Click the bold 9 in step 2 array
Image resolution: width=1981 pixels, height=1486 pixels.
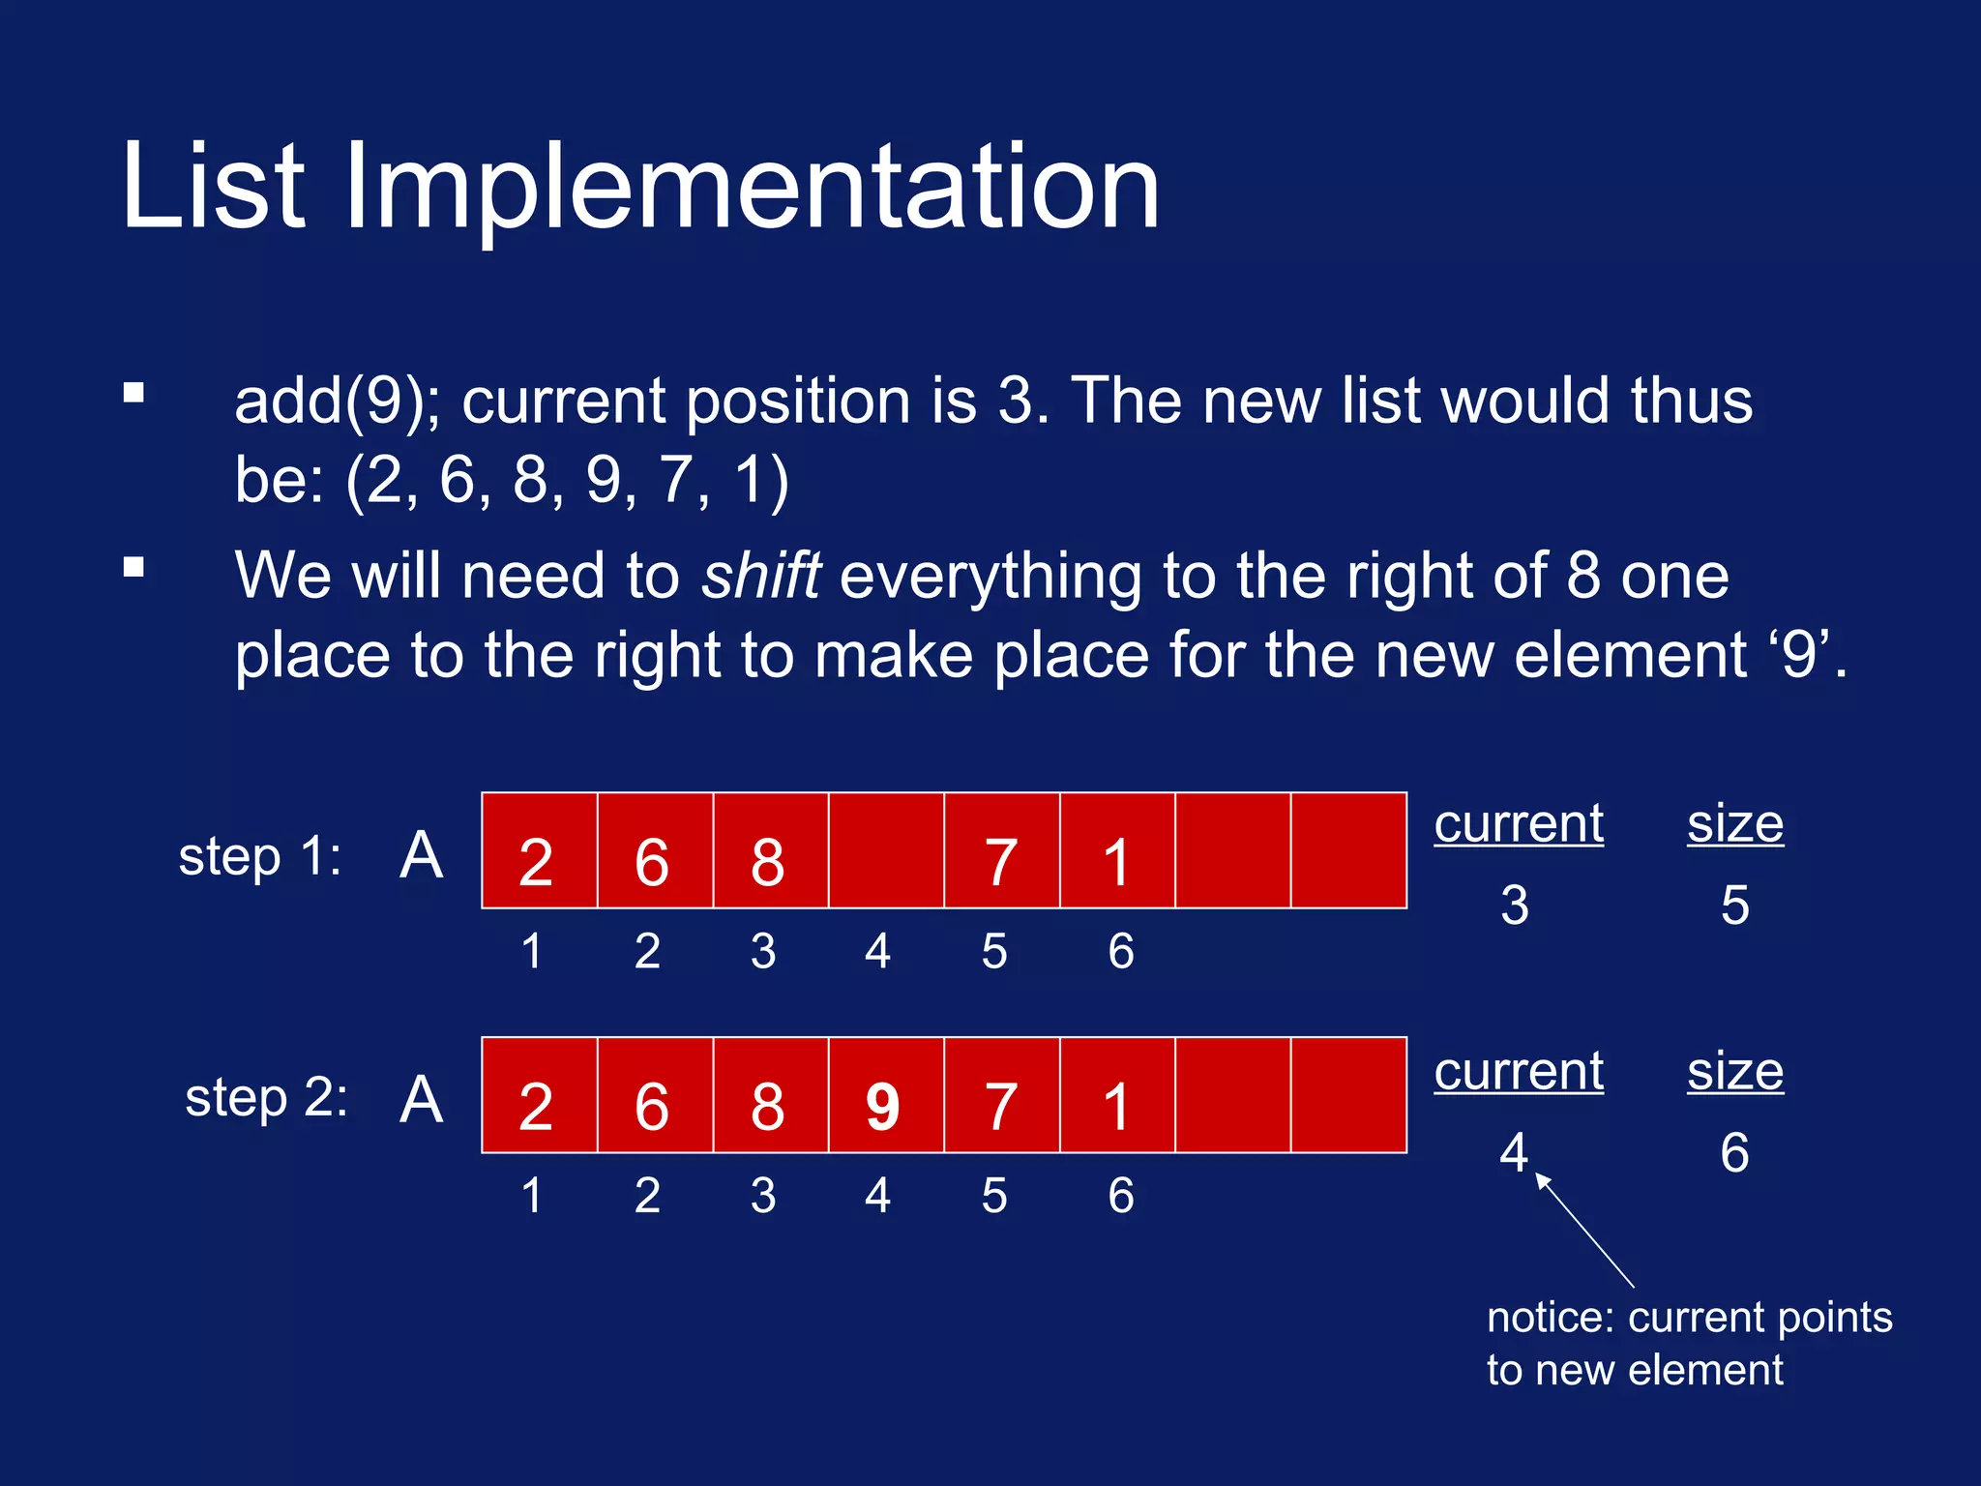(x=883, y=1106)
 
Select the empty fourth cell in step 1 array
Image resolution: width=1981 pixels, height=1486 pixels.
(x=886, y=850)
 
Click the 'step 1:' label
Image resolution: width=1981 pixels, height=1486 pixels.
(x=259, y=857)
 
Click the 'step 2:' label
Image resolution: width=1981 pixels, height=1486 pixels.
(x=266, y=1098)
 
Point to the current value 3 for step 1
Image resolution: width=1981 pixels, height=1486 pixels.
(x=1515, y=906)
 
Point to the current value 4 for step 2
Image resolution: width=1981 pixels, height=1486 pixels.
(x=1514, y=1152)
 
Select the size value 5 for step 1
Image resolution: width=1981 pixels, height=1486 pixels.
(x=1734, y=906)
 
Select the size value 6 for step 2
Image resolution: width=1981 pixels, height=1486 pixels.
(x=1734, y=1152)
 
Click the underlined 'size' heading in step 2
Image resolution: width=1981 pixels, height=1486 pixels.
(x=1735, y=1072)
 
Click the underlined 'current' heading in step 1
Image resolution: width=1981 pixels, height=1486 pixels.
(x=1519, y=824)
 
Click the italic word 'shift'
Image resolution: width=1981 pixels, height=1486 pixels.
(x=761, y=577)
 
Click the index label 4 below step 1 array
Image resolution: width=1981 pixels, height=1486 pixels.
(x=877, y=951)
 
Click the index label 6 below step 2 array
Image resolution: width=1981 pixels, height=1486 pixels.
(x=1120, y=1196)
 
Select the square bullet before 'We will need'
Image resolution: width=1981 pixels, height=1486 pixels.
(x=134, y=567)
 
